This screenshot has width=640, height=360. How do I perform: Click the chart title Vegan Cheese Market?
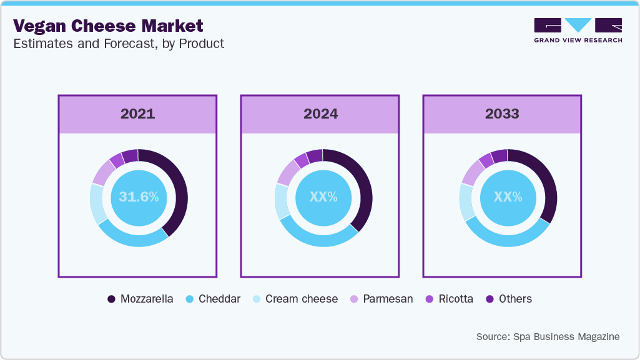point(108,26)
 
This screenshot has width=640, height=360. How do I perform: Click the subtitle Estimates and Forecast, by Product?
point(118,44)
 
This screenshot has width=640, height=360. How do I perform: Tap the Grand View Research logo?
point(578,30)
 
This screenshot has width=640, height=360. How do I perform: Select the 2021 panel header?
point(137,114)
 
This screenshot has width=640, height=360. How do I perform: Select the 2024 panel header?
point(320,114)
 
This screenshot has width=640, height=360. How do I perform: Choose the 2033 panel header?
point(503,114)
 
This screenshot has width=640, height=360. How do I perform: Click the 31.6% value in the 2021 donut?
point(139,197)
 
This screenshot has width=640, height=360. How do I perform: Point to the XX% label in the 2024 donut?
point(323,197)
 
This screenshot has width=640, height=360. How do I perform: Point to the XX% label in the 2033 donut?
point(508,197)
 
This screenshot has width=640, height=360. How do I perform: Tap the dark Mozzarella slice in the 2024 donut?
point(363,187)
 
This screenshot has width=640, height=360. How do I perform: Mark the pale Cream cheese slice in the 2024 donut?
point(282,201)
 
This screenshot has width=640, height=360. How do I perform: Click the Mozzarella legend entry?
point(140,299)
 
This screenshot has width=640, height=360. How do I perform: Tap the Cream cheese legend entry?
point(294,299)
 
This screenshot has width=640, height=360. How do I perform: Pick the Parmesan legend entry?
point(381,299)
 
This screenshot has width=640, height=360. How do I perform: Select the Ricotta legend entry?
point(449,299)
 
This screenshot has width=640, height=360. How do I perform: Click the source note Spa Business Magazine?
point(548,336)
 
